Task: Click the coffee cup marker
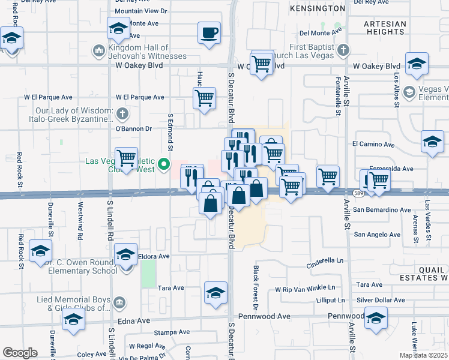click(209, 33)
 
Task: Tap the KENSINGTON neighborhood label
click(317, 8)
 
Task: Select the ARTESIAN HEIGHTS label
click(385, 28)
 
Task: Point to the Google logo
click(19, 353)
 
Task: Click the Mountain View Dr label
click(140, 11)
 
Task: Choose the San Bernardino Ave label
click(382, 210)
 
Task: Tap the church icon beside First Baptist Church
click(343, 49)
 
